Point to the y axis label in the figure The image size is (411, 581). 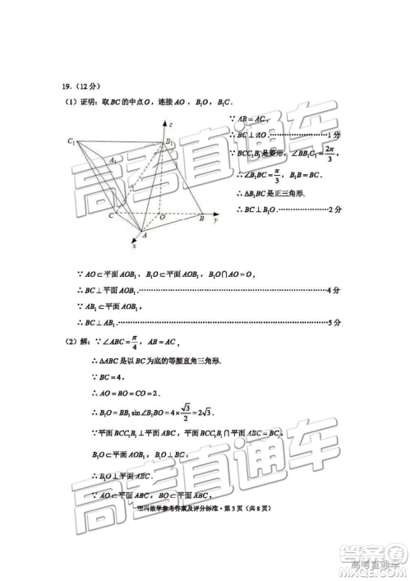pos(215,221)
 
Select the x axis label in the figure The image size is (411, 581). pos(134,245)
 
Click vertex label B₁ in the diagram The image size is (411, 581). pos(168,143)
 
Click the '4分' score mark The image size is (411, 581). pos(332,291)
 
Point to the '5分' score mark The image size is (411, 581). pos(332,323)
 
